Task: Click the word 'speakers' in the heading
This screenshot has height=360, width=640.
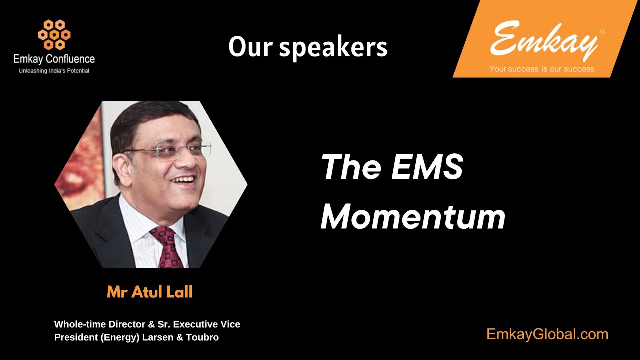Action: [333, 47]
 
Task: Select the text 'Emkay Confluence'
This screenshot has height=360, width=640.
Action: [54, 59]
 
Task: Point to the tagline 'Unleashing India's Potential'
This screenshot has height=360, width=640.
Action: [54, 71]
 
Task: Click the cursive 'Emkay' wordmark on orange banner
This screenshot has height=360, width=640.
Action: [544, 40]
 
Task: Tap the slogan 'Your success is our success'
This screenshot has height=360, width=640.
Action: [542, 69]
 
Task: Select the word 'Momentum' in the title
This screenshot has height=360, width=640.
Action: [413, 217]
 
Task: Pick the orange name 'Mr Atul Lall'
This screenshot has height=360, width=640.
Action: [149, 292]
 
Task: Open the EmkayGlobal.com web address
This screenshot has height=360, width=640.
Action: [547, 334]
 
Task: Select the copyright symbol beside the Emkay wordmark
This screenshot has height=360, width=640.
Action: [602, 31]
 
